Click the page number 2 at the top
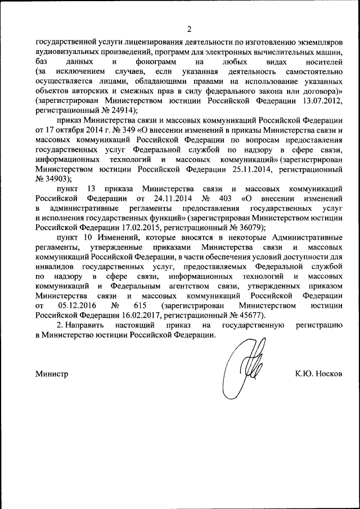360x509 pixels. [189, 29]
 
